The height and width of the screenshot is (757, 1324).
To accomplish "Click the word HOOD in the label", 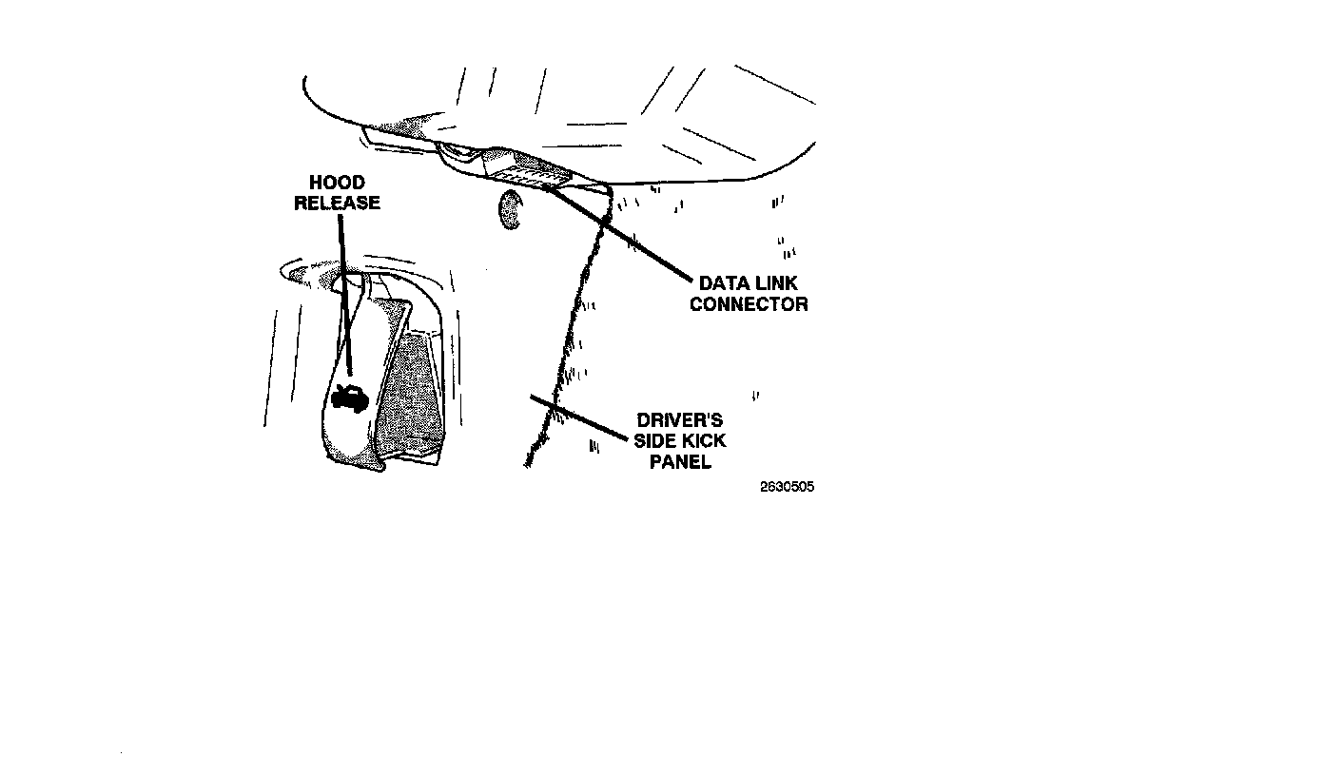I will [337, 183].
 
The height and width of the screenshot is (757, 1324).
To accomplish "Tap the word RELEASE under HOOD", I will [337, 203].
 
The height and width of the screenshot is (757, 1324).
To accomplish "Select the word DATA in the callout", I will [722, 283].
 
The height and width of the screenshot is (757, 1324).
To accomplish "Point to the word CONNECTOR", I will [749, 304].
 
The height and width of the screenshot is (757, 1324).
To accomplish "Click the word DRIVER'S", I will [679, 420].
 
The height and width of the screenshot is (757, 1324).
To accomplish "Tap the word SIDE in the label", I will [655, 441].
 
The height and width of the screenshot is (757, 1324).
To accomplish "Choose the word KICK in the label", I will [704, 441].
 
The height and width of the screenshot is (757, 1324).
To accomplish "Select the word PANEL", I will [680, 462].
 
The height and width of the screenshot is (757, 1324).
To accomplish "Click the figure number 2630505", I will [787, 487].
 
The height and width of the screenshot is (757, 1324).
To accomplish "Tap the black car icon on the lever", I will [349, 398].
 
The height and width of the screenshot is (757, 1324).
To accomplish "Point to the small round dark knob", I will [511, 209].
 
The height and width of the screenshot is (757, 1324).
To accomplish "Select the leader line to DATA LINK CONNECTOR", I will [628, 236].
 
